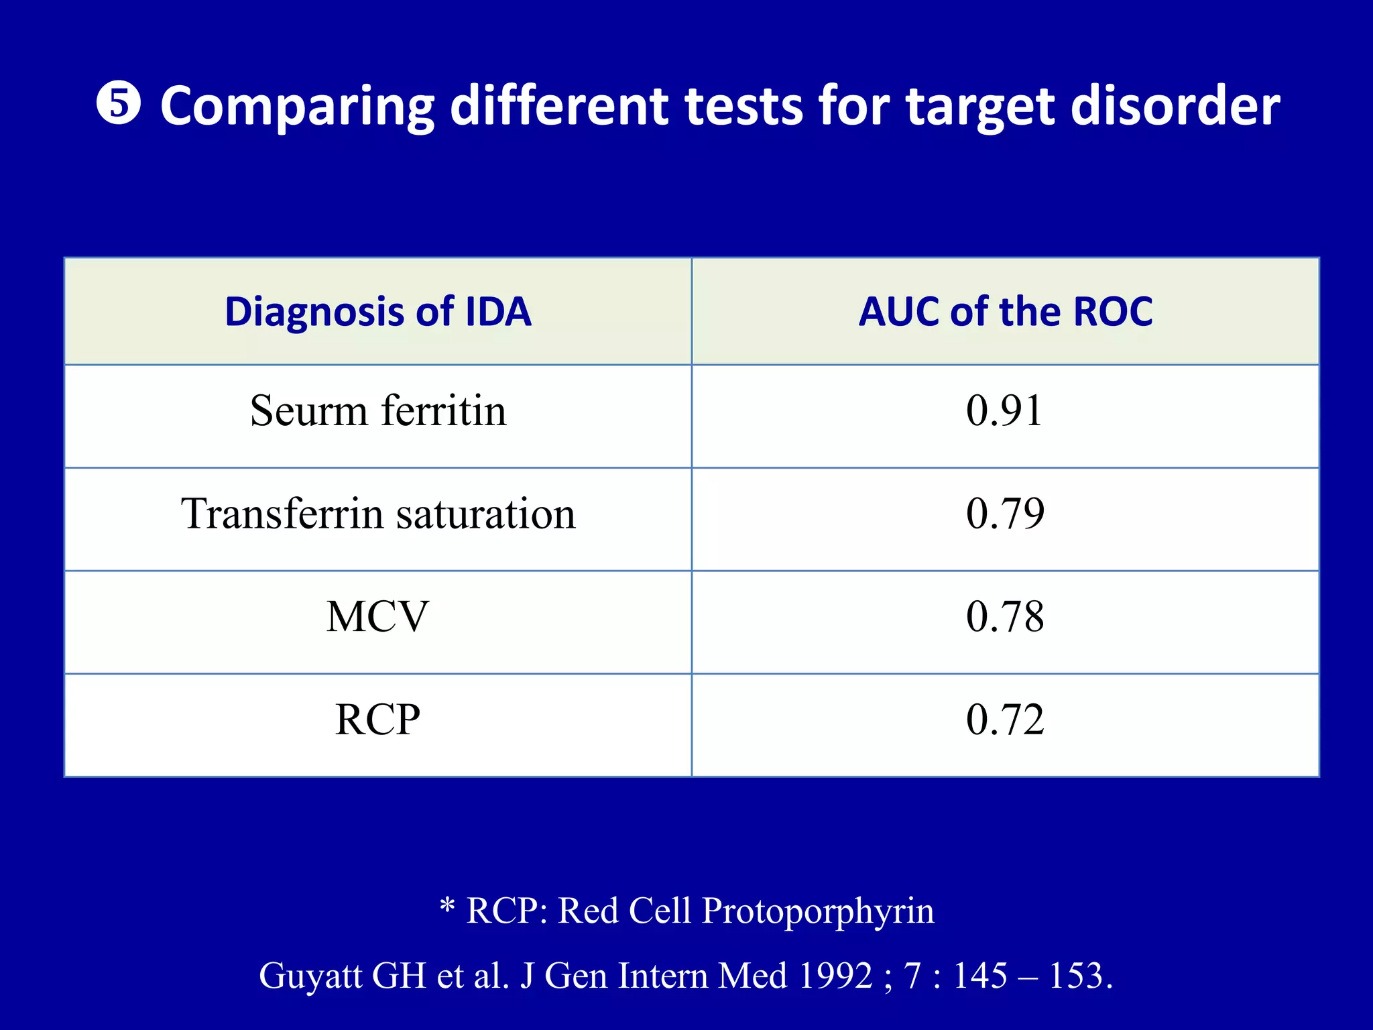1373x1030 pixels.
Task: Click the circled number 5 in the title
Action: pyautogui.click(x=119, y=105)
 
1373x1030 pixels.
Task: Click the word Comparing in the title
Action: pyautogui.click(x=297, y=107)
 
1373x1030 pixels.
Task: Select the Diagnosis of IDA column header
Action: pyautogui.click(x=378, y=312)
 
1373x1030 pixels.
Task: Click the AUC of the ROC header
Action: pyautogui.click(x=1005, y=312)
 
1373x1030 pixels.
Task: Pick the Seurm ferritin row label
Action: pyautogui.click(x=378, y=410)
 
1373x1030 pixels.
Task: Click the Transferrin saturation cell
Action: pyautogui.click(x=378, y=514)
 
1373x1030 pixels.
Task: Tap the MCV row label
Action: pyautogui.click(x=377, y=616)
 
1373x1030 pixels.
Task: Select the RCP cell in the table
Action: pyautogui.click(x=377, y=720)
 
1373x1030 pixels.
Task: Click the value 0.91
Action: pyautogui.click(x=1004, y=410)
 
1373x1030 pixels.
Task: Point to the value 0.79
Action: pyautogui.click(x=1005, y=514)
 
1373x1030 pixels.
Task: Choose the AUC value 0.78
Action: pyautogui.click(x=1005, y=616)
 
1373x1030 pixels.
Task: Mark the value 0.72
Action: pyautogui.click(x=1005, y=720)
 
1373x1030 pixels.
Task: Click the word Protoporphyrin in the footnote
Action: pyautogui.click(x=817, y=911)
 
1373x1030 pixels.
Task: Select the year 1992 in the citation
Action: pyautogui.click(x=835, y=976)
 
